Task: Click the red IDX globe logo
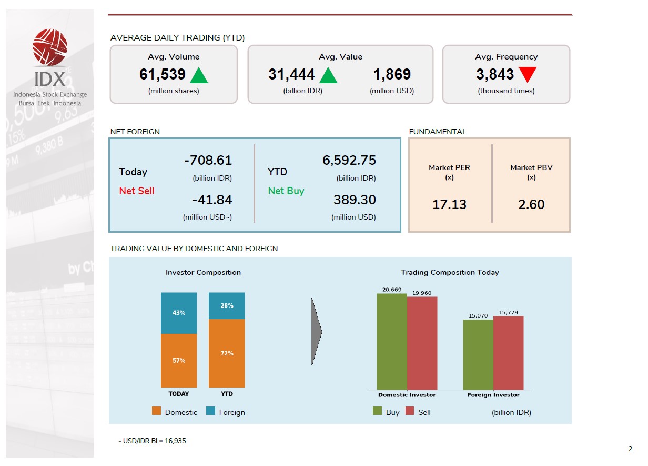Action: (50, 47)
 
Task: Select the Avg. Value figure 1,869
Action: (392, 75)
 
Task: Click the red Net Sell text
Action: (137, 191)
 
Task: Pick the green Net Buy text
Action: (286, 191)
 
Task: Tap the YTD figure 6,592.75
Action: (349, 161)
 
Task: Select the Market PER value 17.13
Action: (449, 204)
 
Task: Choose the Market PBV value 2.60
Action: (531, 204)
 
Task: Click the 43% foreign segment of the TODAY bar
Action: (179, 313)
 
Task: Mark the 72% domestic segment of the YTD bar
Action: (227, 353)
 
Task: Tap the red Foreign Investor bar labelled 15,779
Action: (508, 353)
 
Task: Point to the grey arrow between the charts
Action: (316, 332)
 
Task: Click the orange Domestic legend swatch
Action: (156, 411)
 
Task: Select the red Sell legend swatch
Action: (410, 411)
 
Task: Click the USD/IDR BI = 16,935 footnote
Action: (151, 441)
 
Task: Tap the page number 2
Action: (630, 449)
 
